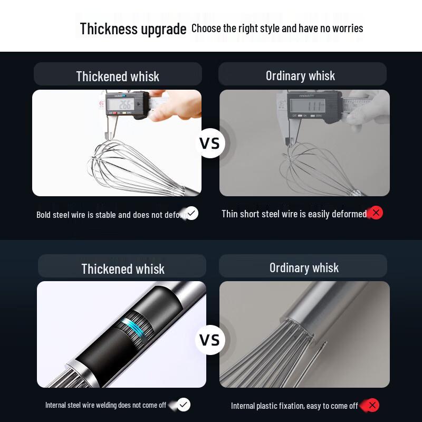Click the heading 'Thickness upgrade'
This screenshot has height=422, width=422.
(x=133, y=28)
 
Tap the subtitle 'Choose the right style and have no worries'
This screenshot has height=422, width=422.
(x=277, y=28)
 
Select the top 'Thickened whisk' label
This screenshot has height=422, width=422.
(x=118, y=76)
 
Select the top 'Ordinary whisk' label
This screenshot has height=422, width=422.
(x=300, y=75)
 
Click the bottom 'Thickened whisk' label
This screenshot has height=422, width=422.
(x=123, y=268)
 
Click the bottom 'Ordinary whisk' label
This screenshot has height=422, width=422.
(x=304, y=267)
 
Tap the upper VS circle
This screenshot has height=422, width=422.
(x=210, y=143)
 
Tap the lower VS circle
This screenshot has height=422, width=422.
(x=210, y=340)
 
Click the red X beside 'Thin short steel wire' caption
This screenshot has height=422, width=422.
(x=376, y=213)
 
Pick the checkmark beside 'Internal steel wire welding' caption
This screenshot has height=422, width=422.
(x=184, y=405)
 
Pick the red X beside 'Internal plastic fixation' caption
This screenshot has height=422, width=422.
(x=372, y=405)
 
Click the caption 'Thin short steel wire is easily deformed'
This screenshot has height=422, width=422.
(x=294, y=214)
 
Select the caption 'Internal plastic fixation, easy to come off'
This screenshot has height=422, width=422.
(x=294, y=406)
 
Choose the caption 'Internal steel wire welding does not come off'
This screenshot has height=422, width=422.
(x=105, y=405)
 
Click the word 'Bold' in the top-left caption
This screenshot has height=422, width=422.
(x=44, y=215)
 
